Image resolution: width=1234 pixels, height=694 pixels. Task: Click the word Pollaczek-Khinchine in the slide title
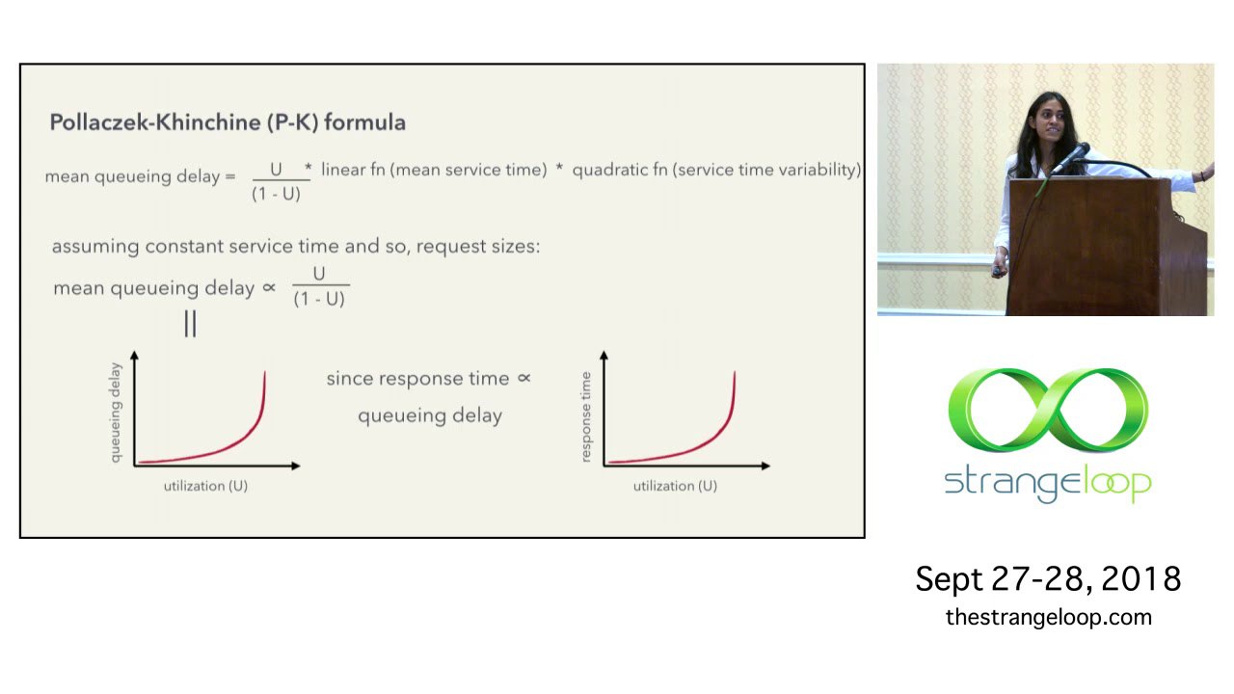pos(155,122)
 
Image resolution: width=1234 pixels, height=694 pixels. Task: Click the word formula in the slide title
pos(364,121)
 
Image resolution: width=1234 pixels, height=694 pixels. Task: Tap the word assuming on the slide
pos(95,247)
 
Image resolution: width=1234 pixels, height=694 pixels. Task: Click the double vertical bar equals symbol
pos(190,323)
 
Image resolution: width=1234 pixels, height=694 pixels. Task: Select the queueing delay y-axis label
pos(115,413)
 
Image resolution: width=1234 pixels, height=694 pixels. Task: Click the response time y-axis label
pos(585,417)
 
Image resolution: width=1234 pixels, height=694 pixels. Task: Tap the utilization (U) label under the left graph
pos(205,486)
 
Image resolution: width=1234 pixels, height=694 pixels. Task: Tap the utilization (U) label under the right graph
pos(675,486)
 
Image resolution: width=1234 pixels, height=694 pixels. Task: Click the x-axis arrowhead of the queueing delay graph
pos(296,466)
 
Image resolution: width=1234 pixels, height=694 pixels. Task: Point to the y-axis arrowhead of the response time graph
pos(604,356)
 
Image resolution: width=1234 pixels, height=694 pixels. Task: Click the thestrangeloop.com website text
pos(1049,618)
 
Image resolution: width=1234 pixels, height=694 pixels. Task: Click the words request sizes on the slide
pos(478,247)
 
